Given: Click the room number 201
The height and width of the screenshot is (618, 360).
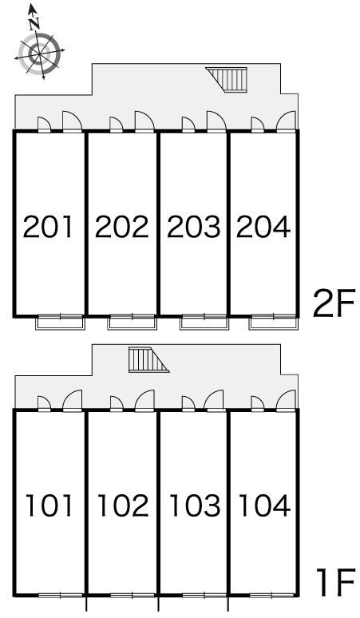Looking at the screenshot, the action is (48, 227).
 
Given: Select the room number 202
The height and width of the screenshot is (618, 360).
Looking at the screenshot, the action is (121, 227).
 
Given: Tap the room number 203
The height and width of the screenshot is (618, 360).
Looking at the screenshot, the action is (194, 227).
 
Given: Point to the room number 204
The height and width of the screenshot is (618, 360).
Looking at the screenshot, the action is (263, 227).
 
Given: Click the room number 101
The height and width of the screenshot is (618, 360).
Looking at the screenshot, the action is (49, 505).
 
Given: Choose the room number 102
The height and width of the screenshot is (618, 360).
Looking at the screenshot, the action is (123, 505).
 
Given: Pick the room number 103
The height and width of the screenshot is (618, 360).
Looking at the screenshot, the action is (195, 505).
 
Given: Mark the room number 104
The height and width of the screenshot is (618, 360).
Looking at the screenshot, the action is (265, 505).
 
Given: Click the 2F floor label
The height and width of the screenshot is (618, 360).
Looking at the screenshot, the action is (334, 303).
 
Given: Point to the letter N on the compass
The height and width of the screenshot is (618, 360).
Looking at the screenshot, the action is (35, 24).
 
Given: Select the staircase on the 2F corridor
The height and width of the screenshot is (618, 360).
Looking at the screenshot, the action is (227, 80).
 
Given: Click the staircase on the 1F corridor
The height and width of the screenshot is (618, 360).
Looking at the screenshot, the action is (148, 359).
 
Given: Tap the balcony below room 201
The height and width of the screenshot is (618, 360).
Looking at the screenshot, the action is (60, 323).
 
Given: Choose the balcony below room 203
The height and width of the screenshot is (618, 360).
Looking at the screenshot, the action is (204, 323).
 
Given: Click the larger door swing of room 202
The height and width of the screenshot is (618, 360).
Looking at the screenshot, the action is (145, 121).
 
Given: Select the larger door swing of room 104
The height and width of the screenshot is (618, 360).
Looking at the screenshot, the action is (286, 401).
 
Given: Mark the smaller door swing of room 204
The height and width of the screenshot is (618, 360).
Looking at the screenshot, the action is (258, 125).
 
